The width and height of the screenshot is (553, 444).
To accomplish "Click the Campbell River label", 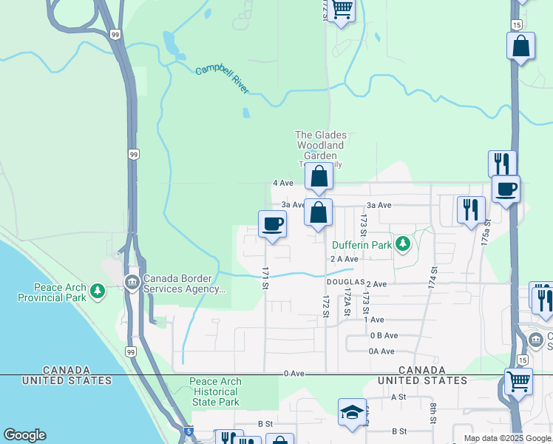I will click(222, 80).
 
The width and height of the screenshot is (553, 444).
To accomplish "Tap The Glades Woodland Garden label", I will click(320, 145).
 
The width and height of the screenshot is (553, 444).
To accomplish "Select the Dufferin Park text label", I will click(361, 244).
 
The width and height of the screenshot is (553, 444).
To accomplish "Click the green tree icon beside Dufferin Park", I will click(402, 243).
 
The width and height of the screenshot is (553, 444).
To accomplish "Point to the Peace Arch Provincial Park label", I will click(60, 292).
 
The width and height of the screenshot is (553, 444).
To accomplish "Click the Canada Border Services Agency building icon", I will click(132, 283).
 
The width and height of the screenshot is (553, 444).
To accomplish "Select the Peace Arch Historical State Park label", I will click(215, 391).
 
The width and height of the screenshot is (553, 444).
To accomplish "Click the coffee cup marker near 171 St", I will click(273, 224).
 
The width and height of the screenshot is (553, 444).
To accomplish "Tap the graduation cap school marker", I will click(353, 413).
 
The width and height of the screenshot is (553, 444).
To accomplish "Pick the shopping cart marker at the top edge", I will click(342, 10).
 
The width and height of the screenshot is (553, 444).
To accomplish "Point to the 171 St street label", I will click(263, 273).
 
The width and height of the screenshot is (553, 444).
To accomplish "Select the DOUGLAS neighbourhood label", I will click(345, 283).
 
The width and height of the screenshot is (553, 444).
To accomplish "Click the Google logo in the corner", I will click(24, 435).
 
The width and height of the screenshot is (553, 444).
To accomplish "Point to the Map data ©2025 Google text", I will click(507, 438).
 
